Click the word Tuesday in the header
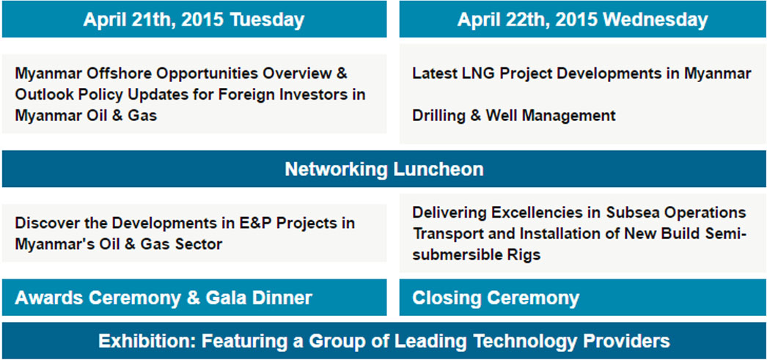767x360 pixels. (x=267, y=20)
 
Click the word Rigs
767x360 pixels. (x=524, y=255)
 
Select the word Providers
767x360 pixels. (x=628, y=341)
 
